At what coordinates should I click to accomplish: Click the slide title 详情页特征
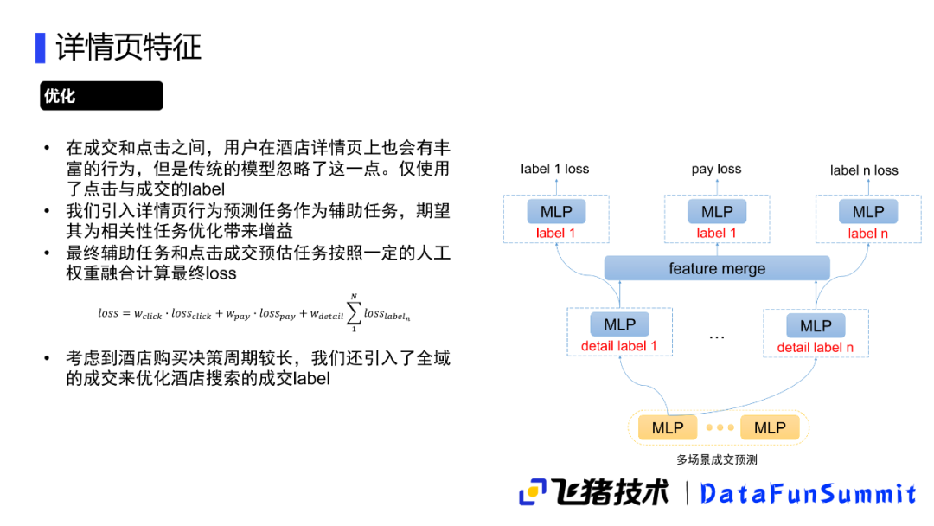[129, 47]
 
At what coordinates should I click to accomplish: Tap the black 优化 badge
[101, 96]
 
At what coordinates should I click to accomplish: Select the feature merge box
[717, 268]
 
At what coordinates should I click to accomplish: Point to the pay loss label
[716, 169]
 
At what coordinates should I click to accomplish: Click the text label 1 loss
[554, 169]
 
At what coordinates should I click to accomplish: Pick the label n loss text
[864, 170]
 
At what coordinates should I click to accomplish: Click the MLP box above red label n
[868, 212]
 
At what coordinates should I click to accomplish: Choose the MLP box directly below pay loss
[717, 212]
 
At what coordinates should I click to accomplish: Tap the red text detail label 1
[619, 347]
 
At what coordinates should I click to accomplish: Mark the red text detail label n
[816, 348]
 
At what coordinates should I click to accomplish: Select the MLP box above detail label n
[816, 326]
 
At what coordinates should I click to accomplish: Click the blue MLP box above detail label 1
[619, 325]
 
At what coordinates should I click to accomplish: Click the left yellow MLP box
[668, 427]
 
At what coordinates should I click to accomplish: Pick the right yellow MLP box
[770, 427]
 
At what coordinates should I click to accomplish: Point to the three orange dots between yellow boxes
[719, 427]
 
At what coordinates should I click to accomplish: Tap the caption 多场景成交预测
[717, 460]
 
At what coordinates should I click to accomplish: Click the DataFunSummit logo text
[808, 494]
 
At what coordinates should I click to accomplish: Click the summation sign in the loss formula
[354, 313]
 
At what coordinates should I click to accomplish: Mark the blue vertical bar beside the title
[40, 47]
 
